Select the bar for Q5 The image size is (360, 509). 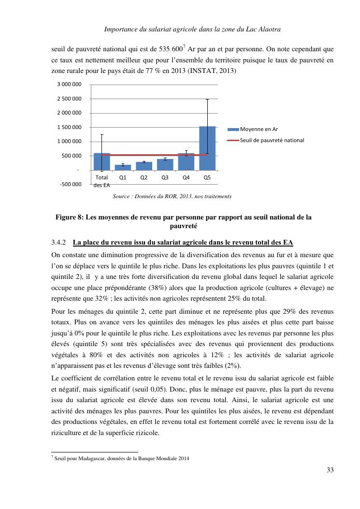click(207, 148)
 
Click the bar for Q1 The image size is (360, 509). click(123, 167)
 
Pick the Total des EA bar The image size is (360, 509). click(101, 161)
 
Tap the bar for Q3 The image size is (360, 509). click(165, 164)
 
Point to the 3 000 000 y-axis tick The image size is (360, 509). click(70, 85)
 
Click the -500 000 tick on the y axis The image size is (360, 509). click(70, 184)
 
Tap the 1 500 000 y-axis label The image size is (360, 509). click(70, 128)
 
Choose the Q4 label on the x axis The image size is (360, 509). click(186, 177)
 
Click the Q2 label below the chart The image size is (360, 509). click(144, 177)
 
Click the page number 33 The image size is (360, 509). click(330, 469)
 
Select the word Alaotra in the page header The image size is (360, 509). click(269, 29)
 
